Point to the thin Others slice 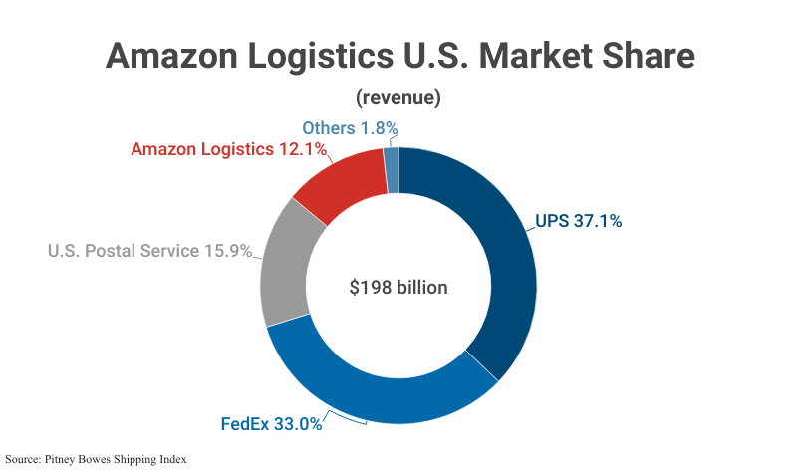pos(392,170)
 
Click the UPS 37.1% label pos(578,221)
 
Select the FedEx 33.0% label pos(271,424)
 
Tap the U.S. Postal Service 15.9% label pos(149,251)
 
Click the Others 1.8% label pos(350,128)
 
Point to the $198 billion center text pos(398,288)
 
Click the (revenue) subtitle pos(398,98)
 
